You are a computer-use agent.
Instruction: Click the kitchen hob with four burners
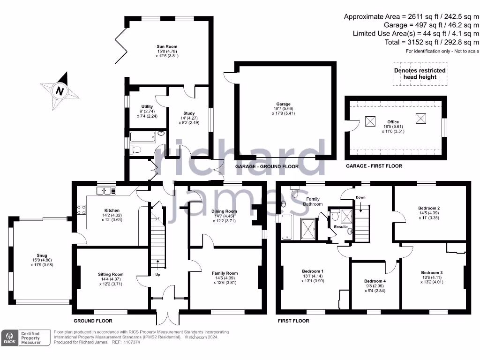pyautogui.click(x=81, y=210)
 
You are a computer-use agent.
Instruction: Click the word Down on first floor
pyautogui.click(x=360, y=197)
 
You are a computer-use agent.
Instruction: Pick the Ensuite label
pyautogui.click(x=341, y=227)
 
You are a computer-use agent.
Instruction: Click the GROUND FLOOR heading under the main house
pyautogui.click(x=93, y=321)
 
